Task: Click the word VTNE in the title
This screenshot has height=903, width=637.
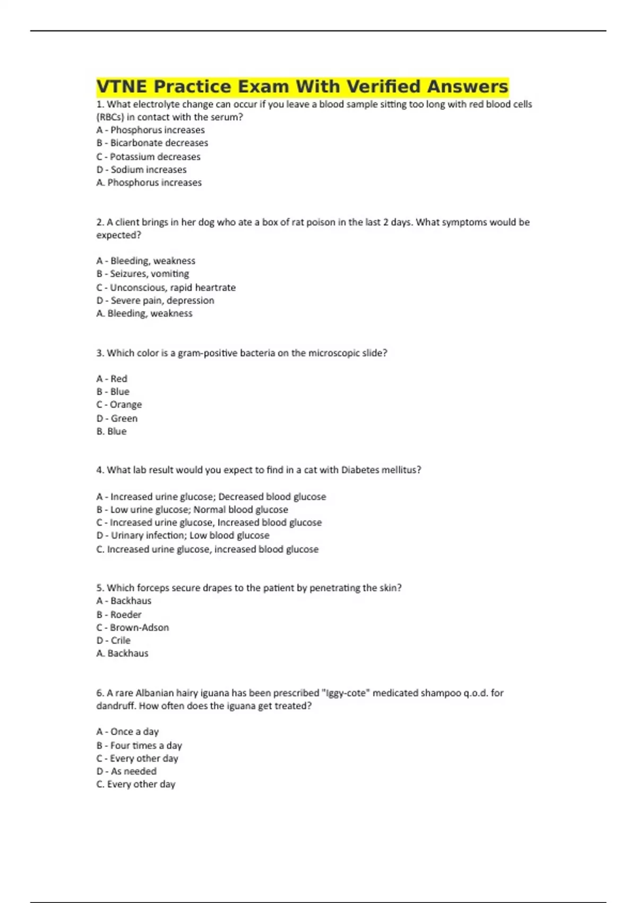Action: click(x=123, y=87)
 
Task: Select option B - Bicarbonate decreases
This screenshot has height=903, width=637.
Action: click(x=152, y=143)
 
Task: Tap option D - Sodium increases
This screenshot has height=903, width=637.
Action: click(x=142, y=169)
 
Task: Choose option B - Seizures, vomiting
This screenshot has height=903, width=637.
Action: click(x=143, y=274)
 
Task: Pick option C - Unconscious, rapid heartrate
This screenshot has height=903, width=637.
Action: click(x=166, y=287)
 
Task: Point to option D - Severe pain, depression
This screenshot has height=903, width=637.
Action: click(x=156, y=300)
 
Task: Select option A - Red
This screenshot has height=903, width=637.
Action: click(x=112, y=379)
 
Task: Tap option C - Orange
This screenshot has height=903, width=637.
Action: click(x=119, y=405)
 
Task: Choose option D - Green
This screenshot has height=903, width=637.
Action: click(x=117, y=418)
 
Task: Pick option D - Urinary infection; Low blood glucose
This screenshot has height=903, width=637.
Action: click(x=183, y=535)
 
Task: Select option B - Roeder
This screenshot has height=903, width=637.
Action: click(x=119, y=615)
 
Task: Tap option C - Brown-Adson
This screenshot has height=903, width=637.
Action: click(x=133, y=627)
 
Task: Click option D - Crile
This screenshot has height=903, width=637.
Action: click(x=114, y=641)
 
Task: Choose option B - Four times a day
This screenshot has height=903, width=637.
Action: click(x=140, y=745)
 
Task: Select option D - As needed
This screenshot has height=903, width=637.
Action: click(x=127, y=771)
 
